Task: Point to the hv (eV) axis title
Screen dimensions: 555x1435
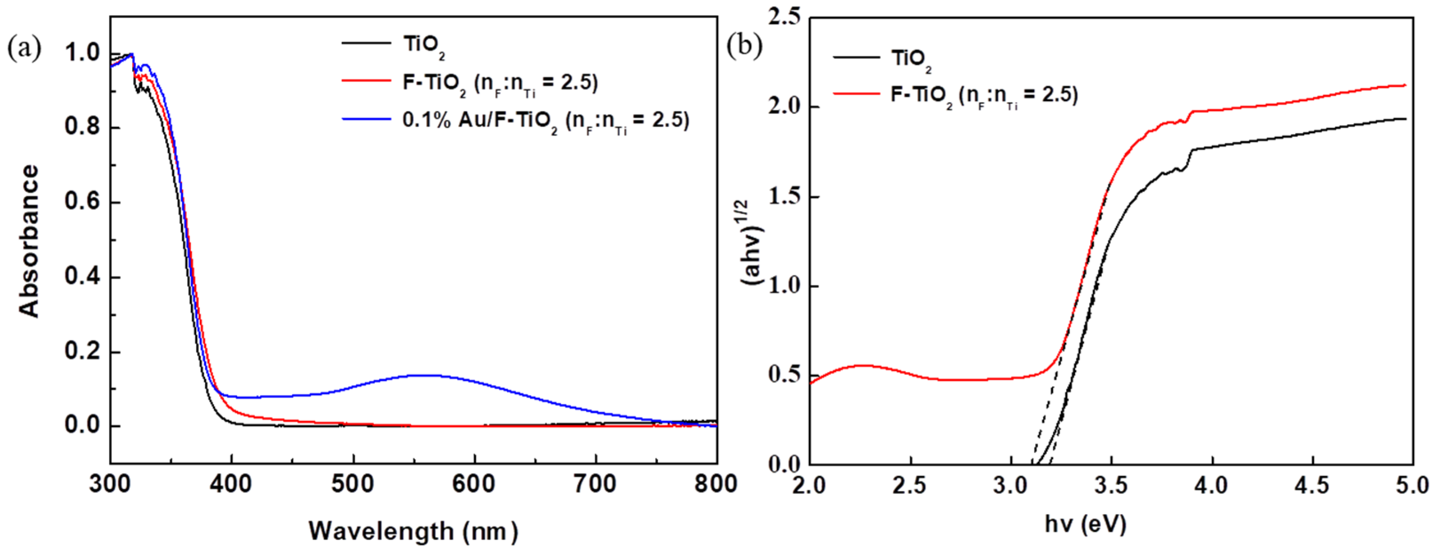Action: [1085, 524]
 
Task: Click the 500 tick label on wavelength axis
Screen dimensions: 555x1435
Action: [352, 483]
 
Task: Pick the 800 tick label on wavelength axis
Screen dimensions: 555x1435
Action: [715, 483]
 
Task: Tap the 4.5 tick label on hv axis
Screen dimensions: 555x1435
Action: [1313, 485]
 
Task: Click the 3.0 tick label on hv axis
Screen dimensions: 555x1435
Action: [1010, 485]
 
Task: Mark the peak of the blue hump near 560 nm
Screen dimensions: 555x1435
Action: [424, 375]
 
